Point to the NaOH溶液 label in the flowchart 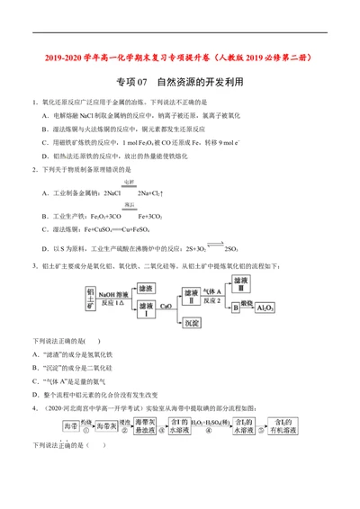114,294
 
